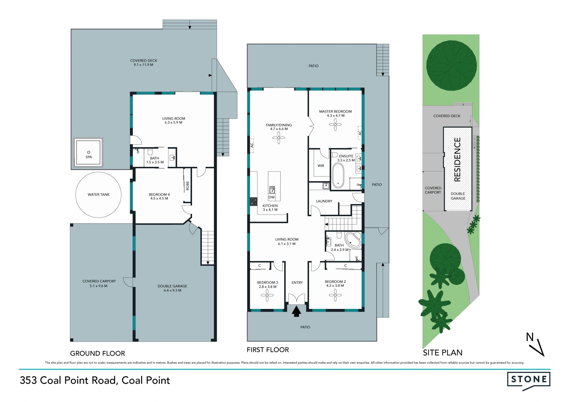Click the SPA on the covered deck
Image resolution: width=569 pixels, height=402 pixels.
(x=88, y=153)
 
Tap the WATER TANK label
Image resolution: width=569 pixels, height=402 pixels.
(x=99, y=195)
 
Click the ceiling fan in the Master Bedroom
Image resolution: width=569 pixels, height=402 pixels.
(x=335, y=124)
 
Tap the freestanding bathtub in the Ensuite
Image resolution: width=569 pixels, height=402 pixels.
(x=338, y=175)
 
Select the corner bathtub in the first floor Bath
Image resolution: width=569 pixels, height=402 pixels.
(x=353, y=240)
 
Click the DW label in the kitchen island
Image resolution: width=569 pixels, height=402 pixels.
(x=271, y=197)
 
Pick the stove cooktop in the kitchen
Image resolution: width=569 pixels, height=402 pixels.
(x=254, y=202)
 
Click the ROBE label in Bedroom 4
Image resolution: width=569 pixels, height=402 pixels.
(x=188, y=186)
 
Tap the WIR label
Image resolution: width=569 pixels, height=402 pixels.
(x=321, y=166)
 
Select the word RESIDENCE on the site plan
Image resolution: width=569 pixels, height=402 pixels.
(x=457, y=159)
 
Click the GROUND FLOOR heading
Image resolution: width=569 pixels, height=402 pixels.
(x=98, y=353)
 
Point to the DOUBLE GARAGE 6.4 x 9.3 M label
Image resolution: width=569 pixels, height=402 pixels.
(x=172, y=288)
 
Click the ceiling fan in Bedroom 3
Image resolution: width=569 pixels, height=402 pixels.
(x=267, y=295)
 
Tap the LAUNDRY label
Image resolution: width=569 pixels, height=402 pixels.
(x=324, y=201)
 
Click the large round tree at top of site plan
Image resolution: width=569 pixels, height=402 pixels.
(x=451, y=65)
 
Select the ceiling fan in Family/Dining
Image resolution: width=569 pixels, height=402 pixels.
(x=279, y=138)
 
